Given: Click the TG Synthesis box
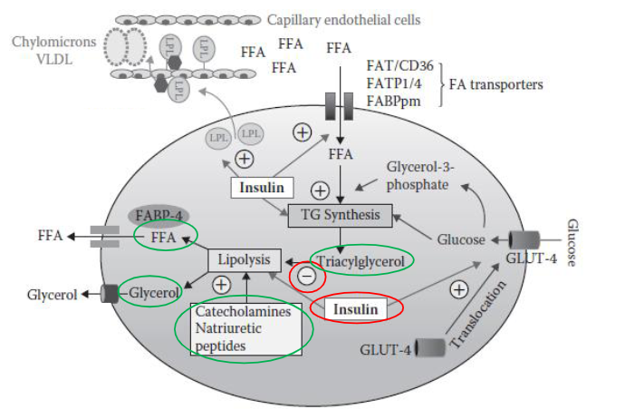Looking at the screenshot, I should [x=339, y=216].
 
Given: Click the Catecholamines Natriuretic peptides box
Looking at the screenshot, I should [x=245, y=329].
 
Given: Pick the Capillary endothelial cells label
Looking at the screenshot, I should [x=344, y=19].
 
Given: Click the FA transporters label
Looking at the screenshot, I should [x=498, y=85].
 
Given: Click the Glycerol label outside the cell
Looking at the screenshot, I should [x=52, y=293].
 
